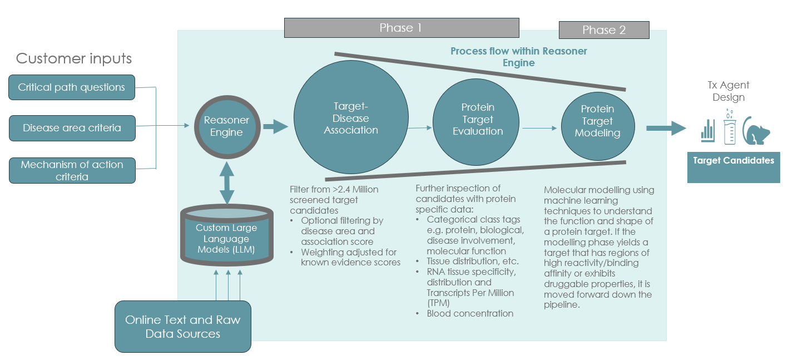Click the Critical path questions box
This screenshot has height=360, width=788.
(x=72, y=87)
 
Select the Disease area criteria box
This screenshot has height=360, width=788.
(x=72, y=128)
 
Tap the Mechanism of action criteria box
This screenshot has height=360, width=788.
(x=72, y=170)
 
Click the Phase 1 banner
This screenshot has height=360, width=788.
(x=401, y=28)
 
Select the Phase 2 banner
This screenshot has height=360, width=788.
(x=604, y=30)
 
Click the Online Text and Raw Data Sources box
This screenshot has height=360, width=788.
(x=183, y=327)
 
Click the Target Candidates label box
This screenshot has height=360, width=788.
(x=733, y=161)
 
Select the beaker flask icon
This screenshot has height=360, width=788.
(x=731, y=125)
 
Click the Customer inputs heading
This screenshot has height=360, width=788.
(x=74, y=58)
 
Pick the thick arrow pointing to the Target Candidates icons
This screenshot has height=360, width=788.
(x=666, y=128)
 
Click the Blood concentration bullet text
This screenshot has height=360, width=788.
(x=470, y=313)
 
